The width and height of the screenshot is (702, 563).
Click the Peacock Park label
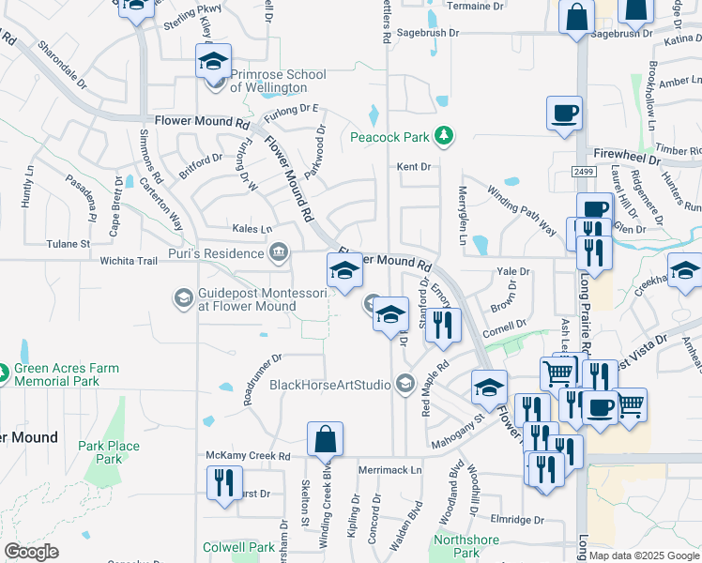389,137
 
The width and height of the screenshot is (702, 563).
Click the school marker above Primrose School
213,63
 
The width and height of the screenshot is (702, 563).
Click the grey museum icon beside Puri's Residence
279,252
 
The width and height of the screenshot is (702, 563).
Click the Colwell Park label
239,547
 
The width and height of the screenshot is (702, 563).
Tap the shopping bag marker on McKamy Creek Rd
325,439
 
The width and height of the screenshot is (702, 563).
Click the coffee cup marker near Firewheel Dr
564,114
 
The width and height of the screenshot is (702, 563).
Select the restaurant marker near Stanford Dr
444,325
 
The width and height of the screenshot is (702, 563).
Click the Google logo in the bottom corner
31,552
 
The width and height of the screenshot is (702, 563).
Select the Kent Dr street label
413,167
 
